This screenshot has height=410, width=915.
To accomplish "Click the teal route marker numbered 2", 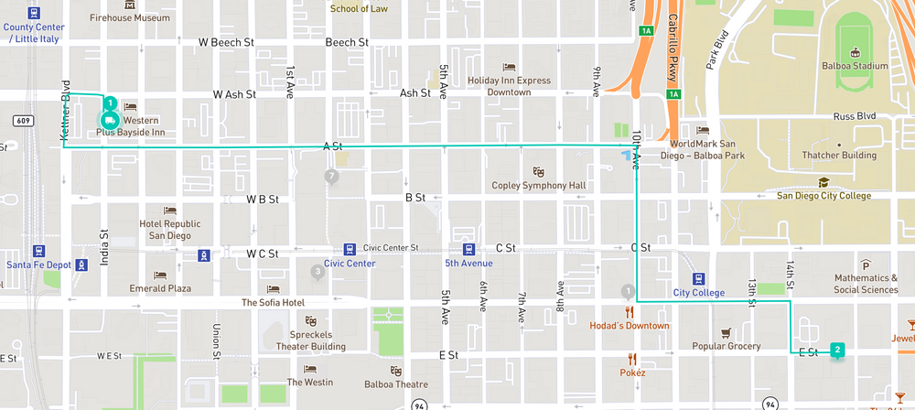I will (837, 350).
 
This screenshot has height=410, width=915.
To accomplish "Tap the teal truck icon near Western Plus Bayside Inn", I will (109, 120).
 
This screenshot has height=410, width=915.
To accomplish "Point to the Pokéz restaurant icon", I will (631, 358).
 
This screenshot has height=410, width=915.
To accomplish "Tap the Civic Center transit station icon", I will (349, 249).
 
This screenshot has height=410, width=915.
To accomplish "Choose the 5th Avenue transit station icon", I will (468, 249).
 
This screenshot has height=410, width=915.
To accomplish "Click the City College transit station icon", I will (697, 278).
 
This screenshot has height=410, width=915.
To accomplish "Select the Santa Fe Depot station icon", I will (38, 251).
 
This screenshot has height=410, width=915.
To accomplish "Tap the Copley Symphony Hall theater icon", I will (539, 171).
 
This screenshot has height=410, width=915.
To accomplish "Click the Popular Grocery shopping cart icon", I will (726, 332).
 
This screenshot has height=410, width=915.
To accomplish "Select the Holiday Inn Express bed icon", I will (510, 66).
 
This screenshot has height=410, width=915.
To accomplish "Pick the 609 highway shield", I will (23, 121).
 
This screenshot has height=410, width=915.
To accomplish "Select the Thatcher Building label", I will (838, 156).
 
